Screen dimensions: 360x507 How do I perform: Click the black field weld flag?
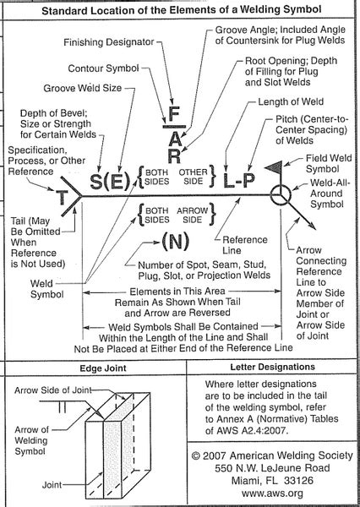(x=275, y=166)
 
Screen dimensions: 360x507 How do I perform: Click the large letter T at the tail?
(x=63, y=197)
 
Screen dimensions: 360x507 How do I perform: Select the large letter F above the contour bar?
(x=174, y=114)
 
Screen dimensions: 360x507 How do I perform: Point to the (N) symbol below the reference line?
(x=175, y=241)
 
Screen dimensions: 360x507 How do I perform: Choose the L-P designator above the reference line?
(x=238, y=181)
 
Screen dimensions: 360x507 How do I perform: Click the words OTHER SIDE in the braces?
(x=193, y=177)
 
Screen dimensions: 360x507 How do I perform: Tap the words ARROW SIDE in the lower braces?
(x=192, y=215)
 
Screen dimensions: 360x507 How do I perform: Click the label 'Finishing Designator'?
(x=109, y=42)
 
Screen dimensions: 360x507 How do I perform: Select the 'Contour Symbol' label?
(x=103, y=68)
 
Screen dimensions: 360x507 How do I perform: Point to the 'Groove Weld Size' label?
(x=83, y=88)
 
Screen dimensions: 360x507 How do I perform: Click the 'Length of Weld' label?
(x=291, y=102)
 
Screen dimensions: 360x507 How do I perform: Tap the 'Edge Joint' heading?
(x=103, y=368)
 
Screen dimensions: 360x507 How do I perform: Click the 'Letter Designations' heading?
(x=272, y=367)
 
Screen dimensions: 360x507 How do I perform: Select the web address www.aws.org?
(x=272, y=493)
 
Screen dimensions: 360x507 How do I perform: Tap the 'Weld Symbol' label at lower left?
(x=46, y=289)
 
